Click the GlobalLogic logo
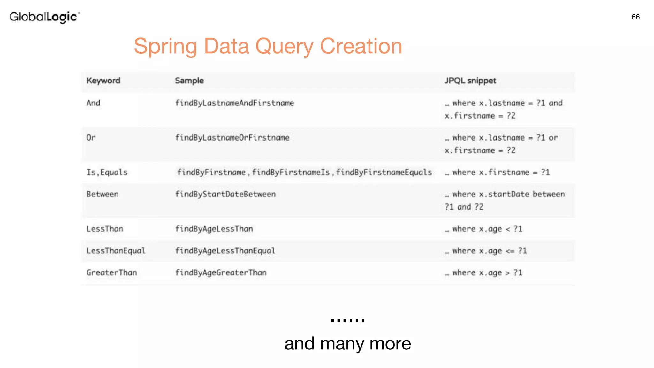44,17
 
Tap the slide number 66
635,17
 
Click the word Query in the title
284,47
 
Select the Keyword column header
103,80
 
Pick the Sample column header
189,80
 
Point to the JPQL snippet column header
470,80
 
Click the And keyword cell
93,103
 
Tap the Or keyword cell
91,138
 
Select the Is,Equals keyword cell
107,172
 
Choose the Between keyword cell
103,194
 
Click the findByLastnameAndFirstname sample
234,103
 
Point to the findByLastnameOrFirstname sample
232,138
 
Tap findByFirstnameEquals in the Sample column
384,172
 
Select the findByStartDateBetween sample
225,194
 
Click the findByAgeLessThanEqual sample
225,251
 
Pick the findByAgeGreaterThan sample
221,273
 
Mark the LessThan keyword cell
105,229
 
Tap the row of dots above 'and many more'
348,320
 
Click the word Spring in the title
166,47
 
